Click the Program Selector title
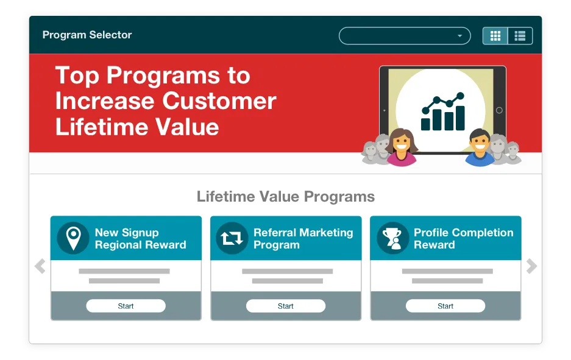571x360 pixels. (87, 35)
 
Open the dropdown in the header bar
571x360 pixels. (405, 36)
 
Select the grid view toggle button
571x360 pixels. (495, 36)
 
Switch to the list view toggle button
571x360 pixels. (520, 36)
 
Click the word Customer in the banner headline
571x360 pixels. (219, 101)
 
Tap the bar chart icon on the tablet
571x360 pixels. (443, 111)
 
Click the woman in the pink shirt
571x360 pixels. (402, 147)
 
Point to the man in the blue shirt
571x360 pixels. (480, 147)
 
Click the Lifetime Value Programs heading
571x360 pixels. (285, 197)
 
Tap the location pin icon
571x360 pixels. (73, 238)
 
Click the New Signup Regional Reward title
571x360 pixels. (141, 238)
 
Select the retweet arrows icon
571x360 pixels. (232, 238)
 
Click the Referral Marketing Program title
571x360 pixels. (303, 238)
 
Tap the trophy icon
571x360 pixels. (392, 238)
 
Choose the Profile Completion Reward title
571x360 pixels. (464, 238)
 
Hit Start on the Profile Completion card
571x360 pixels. (445, 306)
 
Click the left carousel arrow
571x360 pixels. (40, 266)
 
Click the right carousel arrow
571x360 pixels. (531, 266)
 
